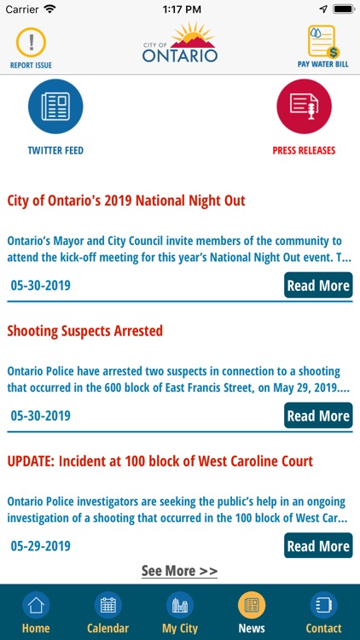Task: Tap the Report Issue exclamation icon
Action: (x=32, y=41)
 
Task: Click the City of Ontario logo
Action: (x=180, y=44)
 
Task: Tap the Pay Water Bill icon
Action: (x=322, y=41)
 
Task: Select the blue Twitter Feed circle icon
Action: (x=55, y=107)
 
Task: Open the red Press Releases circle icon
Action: (x=304, y=107)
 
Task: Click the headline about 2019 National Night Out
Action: (x=126, y=201)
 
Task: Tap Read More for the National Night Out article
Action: (x=317, y=286)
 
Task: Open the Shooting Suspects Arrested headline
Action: (x=85, y=331)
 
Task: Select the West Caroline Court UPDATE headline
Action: (x=160, y=462)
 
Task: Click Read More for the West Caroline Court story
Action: (x=317, y=546)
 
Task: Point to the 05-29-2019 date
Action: (x=41, y=546)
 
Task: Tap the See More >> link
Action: (x=179, y=571)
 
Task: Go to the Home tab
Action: (x=36, y=613)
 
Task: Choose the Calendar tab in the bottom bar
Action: (x=107, y=613)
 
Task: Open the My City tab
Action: (x=180, y=613)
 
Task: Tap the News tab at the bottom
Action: (x=252, y=613)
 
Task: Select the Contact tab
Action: (x=323, y=613)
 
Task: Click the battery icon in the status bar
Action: (x=343, y=9)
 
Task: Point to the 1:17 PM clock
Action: (x=180, y=9)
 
